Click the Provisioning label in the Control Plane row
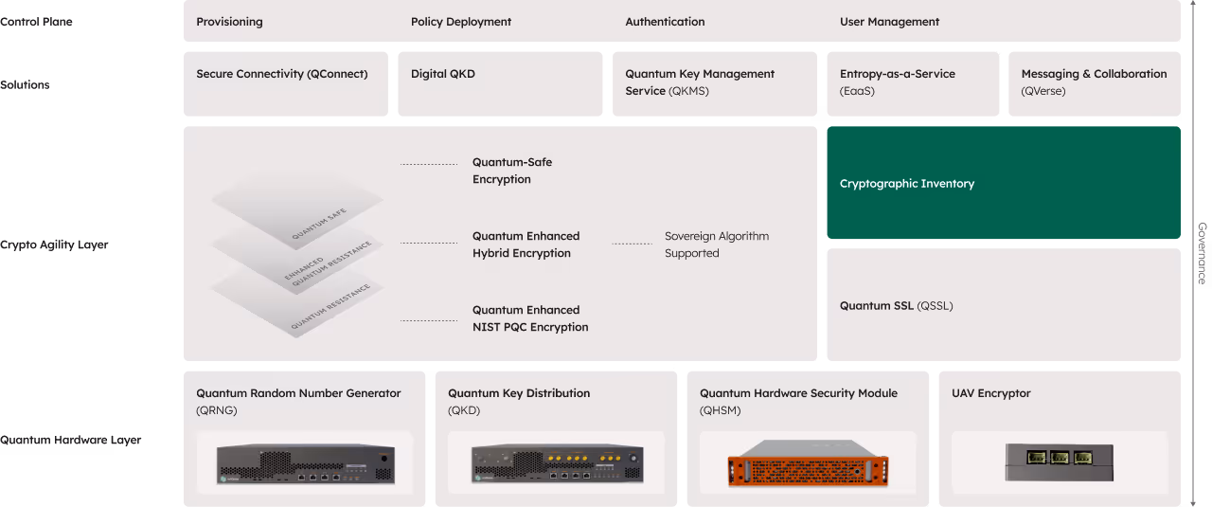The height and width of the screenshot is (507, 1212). [229, 22]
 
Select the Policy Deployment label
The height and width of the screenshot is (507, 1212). [461, 22]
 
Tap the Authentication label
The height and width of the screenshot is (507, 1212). [665, 22]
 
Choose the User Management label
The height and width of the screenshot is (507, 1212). [889, 22]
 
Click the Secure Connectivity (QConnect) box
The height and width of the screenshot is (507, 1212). [285, 83]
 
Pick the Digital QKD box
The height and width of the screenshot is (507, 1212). [499, 83]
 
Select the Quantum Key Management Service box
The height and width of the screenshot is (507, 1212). [714, 83]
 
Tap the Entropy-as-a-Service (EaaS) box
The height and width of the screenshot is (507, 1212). [912, 83]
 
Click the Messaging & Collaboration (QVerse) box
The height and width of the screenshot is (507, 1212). [1094, 83]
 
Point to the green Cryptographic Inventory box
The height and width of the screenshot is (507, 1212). [1003, 183]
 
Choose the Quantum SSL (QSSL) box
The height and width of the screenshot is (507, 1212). [1003, 305]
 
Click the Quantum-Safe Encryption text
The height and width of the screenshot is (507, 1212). [512, 171]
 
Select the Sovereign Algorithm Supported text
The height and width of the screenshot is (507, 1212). [717, 244]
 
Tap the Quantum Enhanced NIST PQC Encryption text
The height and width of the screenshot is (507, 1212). [530, 318]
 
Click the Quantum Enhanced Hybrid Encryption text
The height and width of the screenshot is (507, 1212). [526, 244]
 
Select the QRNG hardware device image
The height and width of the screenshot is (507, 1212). [304, 464]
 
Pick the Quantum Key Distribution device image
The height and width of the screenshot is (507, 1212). [556, 464]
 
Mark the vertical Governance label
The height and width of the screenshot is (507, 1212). [1202, 253]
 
